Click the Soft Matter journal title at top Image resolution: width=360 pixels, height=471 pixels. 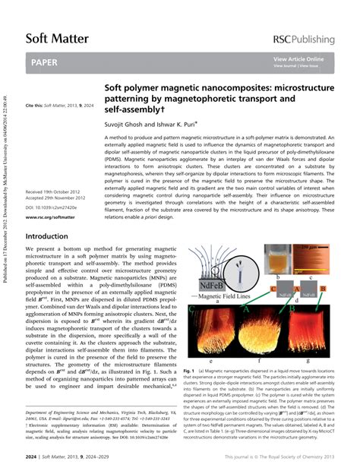[57, 37]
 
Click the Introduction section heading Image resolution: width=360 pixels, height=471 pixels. [47, 236]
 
